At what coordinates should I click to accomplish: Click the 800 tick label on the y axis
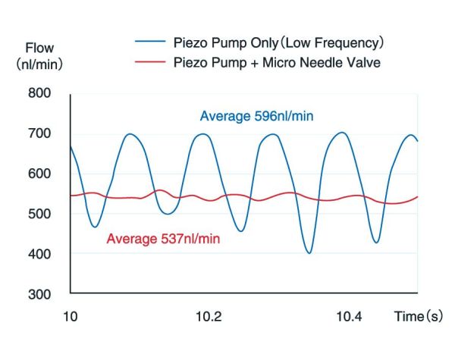(39, 93)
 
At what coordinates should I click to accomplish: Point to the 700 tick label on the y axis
(39, 133)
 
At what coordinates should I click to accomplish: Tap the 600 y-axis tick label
(39, 174)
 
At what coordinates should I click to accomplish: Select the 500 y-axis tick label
(39, 214)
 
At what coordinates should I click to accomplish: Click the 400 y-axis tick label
(39, 255)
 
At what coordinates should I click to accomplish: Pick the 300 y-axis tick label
(39, 295)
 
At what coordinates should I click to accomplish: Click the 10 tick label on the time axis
(71, 316)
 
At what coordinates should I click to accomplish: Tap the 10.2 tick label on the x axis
(209, 316)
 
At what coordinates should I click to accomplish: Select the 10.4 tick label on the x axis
(349, 316)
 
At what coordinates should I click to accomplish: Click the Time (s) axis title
(419, 316)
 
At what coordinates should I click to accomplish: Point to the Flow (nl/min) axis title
(39, 56)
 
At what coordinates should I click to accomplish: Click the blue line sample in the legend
(150, 42)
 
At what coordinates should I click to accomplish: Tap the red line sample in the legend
(150, 61)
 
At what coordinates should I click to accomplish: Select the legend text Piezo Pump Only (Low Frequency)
(278, 43)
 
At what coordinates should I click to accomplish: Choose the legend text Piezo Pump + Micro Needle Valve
(277, 62)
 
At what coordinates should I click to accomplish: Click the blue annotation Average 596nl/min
(257, 116)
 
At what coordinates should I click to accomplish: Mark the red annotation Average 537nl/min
(163, 239)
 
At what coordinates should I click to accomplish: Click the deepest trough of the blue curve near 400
(309, 253)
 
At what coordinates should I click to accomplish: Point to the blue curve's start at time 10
(71, 146)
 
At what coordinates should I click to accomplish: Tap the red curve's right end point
(418, 197)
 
